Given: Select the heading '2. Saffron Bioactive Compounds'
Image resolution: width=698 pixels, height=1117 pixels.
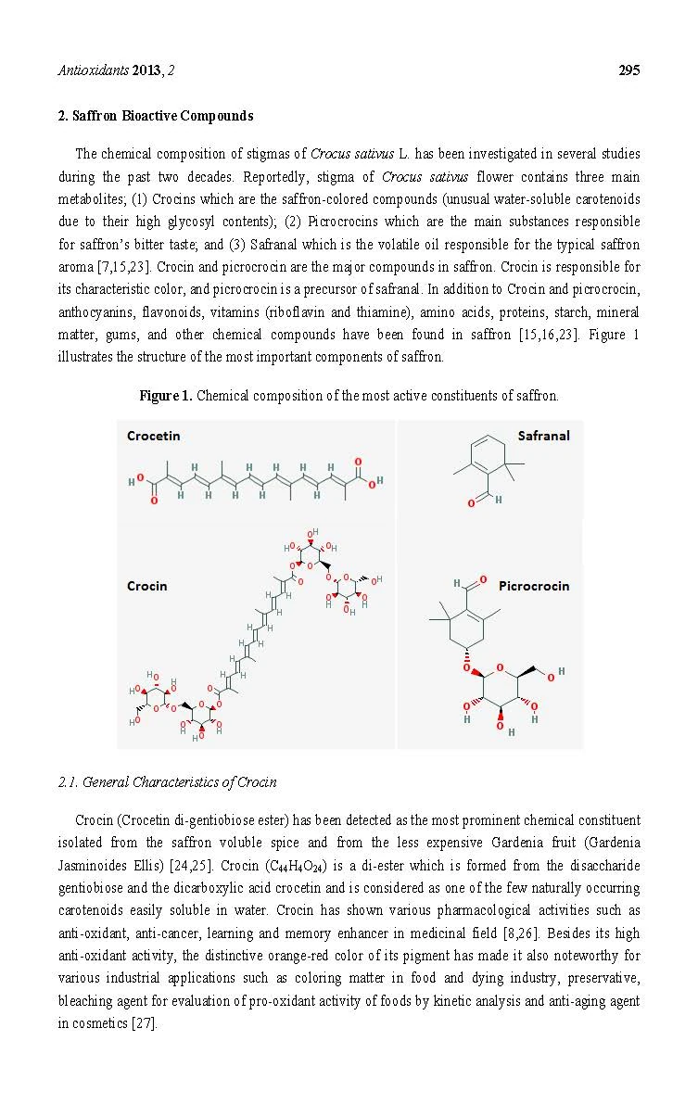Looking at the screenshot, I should [x=155, y=116].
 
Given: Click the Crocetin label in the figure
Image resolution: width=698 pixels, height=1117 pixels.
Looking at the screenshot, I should [x=153, y=436].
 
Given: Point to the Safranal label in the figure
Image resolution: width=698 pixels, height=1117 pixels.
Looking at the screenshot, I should [x=543, y=436].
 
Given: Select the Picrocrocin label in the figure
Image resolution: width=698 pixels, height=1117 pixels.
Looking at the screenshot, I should [x=534, y=585].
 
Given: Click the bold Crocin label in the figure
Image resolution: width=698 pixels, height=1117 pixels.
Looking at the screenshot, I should [x=146, y=585].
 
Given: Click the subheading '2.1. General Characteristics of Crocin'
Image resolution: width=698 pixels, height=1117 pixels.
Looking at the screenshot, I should [x=167, y=781].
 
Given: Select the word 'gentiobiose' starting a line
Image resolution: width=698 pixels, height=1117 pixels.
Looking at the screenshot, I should [x=89, y=887].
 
